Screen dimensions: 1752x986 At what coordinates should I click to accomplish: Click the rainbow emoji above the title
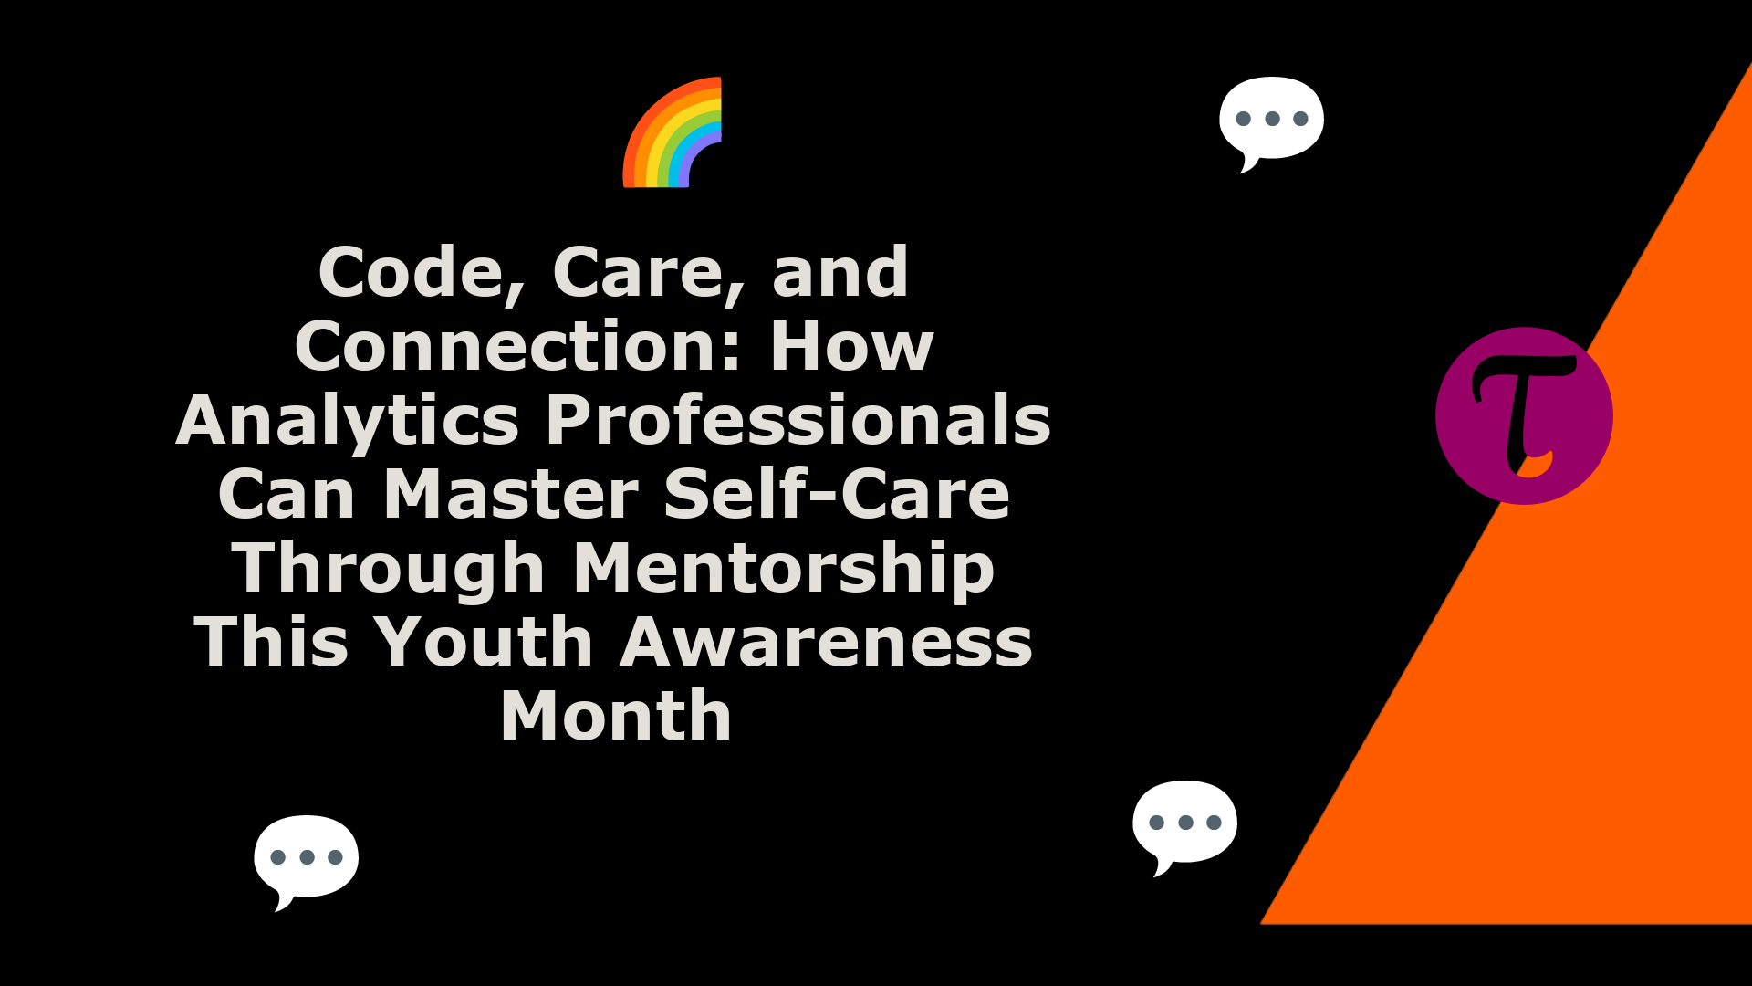pos(673,132)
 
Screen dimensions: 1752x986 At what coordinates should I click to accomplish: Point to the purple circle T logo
pos(1524,415)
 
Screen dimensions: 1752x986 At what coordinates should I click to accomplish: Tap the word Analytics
pos(348,423)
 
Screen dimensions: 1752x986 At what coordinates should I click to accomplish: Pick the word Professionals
pos(798,421)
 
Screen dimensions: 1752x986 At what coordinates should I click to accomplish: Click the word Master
pos(512,495)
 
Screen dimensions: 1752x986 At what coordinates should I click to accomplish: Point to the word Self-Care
pos(837,495)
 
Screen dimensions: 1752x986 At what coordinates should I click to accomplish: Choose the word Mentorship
pos(784,571)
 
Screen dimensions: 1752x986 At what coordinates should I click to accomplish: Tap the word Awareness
pos(827,643)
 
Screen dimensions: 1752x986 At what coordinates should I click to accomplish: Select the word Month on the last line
pos(616,717)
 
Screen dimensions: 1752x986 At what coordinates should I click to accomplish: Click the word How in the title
pos(852,347)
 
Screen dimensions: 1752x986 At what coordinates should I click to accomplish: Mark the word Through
pos(389,571)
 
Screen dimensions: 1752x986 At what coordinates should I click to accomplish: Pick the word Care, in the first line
pos(650,274)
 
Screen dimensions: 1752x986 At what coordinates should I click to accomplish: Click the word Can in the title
pos(287,495)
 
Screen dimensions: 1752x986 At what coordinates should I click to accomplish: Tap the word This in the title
pos(272,643)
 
